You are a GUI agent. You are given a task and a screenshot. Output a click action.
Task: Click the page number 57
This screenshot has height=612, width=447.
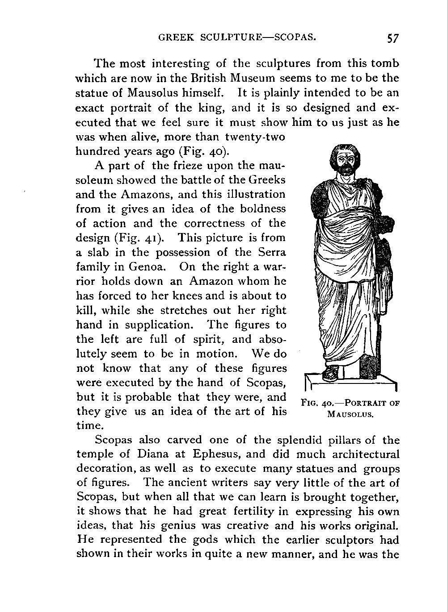pos(393,38)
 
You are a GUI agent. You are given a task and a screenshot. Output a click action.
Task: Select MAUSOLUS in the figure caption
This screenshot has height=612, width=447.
pos(350,414)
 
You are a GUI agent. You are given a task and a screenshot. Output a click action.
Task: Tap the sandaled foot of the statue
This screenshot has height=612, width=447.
pos(331,374)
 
